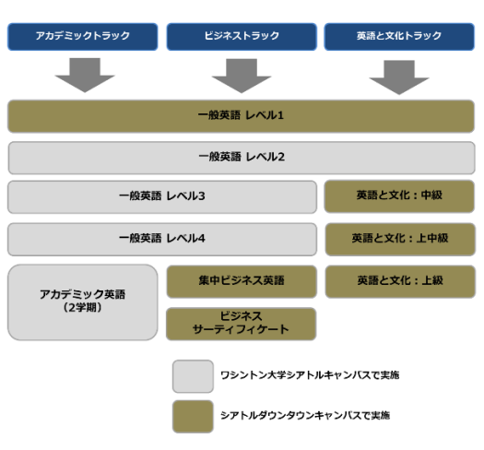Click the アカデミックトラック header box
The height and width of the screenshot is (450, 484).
[83, 37]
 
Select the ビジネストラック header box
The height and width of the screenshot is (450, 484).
[242, 37]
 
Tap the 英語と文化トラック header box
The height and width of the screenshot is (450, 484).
[399, 37]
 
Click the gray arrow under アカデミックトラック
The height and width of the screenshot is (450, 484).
[85, 75]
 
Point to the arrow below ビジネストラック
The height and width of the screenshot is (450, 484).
[242, 76]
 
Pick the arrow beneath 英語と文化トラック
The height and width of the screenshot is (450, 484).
[399, 77]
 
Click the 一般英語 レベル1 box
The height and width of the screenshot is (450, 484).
[241, 116]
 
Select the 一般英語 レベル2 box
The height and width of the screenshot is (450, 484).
[242, 158]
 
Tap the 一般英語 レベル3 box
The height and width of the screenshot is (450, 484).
[162, 196]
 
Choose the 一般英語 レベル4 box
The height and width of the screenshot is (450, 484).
[162, 239]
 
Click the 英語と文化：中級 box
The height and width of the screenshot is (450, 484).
[399, 196]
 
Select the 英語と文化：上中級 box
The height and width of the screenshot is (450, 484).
[400, 239]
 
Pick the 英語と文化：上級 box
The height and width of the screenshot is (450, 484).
[400, 281]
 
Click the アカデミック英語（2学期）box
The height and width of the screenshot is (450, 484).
[83, 302]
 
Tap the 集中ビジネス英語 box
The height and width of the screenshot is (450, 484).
[242, 281]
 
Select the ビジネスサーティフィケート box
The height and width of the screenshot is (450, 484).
[241, 324]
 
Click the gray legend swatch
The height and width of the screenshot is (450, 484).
[193, 376]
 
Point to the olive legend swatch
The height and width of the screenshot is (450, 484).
[193, 416]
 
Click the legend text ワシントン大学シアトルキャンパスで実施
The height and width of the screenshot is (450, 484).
[310, 375]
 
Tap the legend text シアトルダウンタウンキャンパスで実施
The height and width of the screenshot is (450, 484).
[305, 415]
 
